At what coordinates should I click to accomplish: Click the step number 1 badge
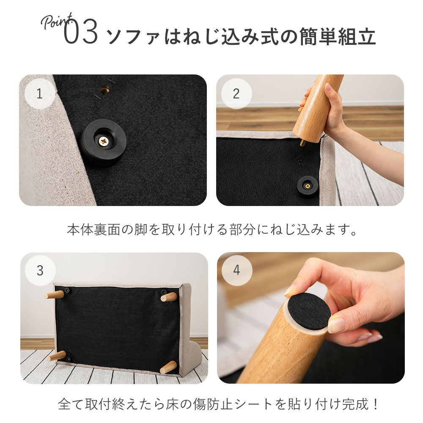(x=40, y=93)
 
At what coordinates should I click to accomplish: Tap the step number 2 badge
(x=236, y=93)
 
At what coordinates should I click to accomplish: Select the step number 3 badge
(x=40, y=270)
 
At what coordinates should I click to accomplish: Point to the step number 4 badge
(x=237, y=270)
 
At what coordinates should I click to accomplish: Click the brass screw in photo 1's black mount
(x=103, y=140)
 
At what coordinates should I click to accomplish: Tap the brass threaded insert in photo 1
(x=104, y=89)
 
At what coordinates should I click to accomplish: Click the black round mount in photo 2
(x=307, y=185)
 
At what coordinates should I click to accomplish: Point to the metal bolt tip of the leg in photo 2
(x=302, y=143)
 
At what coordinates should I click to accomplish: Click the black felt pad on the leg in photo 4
(x=309, y=313)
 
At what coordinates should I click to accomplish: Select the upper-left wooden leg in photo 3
(x=54, y=295)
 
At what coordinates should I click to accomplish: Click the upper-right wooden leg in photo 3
(x=169, y=297)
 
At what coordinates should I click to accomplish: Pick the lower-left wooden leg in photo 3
(x=57, y=356)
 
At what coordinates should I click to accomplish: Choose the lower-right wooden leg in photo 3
(x=168, y=368)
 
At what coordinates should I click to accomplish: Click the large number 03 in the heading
(x=81, y=33)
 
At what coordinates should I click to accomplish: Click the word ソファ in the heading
(x=134, y=37)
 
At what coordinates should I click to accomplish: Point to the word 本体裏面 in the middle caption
(x=93, y=230)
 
